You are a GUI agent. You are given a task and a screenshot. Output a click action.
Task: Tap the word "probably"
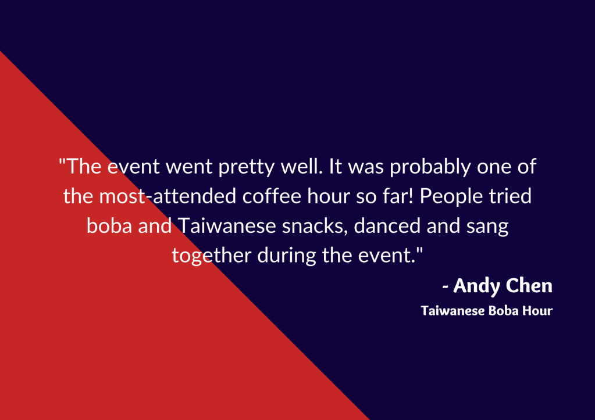tap(430, 167)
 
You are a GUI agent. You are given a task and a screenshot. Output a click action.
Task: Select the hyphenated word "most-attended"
tap(168, 196)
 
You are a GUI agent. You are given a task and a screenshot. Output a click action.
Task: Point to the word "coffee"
tap(272, 196)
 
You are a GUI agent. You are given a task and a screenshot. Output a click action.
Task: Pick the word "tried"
tap(510, 196)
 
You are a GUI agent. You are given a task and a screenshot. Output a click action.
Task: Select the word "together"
tap(211, 256)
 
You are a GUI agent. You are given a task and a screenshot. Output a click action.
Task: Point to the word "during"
tap(287, 256)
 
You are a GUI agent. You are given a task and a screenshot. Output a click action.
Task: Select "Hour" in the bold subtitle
tap(537, 311)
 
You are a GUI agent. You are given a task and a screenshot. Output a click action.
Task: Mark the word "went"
tap(189, 167)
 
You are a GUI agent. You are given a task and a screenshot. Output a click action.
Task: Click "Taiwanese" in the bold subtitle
tap(453, 311)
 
